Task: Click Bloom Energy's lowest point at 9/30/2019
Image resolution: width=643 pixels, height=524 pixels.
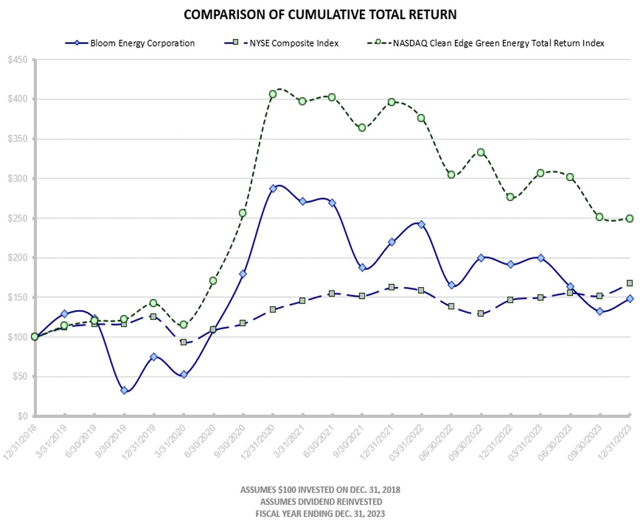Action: pos(124,390)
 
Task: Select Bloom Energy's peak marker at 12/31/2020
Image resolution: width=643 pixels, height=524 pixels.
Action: pos(272,188)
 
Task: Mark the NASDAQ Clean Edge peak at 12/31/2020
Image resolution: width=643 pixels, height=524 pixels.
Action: pos(272,94)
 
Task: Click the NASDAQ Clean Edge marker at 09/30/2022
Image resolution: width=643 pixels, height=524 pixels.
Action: pos(481,152)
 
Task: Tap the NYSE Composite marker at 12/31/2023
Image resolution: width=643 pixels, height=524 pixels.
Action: pos(629,283)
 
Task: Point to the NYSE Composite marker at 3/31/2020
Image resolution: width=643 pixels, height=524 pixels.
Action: pos(184,342)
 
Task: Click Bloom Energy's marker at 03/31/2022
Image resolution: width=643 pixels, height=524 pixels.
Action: pos(421,224)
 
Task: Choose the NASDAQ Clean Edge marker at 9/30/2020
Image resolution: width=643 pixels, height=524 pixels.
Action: pos(243,213)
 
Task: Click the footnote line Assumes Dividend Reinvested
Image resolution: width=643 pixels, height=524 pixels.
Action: pos(320,501)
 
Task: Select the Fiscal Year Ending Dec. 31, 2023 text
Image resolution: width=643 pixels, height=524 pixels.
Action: pos(320,513)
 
